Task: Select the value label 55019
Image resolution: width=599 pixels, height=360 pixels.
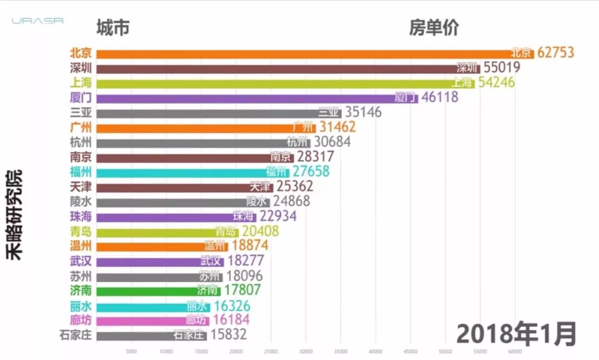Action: coord(501,68)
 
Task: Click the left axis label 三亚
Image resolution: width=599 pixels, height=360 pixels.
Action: coord(81,112)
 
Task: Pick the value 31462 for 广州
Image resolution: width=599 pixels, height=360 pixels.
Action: coord(337,127)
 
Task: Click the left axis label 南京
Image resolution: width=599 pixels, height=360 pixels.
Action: coord(81,157)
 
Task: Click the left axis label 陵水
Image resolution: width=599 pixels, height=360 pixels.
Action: coord(81,201)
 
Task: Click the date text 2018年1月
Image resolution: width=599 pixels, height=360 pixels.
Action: coord(516,334)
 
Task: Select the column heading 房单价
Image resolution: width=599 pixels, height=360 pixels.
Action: coord(434,27)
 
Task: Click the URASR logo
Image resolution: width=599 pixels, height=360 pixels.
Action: coord(38,21)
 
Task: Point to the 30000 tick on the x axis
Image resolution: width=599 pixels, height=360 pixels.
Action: coord(306,351)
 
